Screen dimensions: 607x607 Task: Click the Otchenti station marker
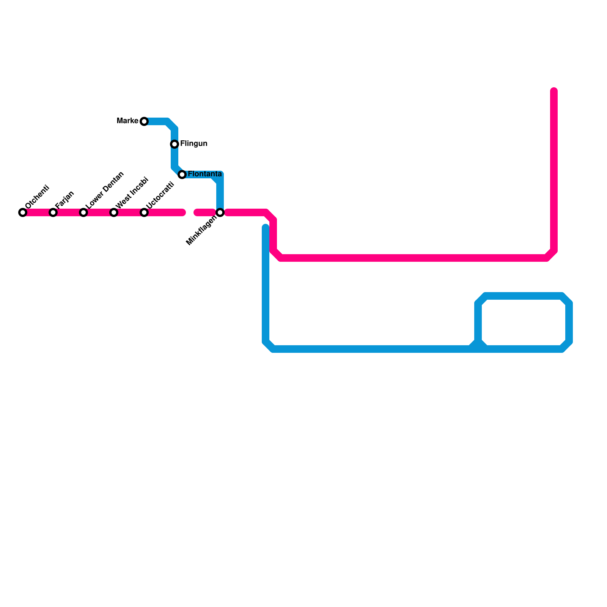(x=23, y=212)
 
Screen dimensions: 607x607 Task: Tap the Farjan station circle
(x=53, y=212)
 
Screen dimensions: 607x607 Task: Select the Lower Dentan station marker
(x=83, y=212)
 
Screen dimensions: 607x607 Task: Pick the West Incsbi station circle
(x=114, y=212)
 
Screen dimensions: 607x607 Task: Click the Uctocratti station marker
(x=144, y=212)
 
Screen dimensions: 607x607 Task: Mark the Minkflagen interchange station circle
(x=220, y=212)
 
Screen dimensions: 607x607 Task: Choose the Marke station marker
(x=144, y=121)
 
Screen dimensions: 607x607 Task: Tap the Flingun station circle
(x=175, y=144)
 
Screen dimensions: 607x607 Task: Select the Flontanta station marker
(x=182, y=175)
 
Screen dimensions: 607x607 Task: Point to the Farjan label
(x=64, y=200)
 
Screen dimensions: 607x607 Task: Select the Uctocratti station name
(x=160, y=195)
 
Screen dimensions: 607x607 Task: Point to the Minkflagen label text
(x=201, y=231)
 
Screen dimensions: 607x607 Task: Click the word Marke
(x=127, y=121)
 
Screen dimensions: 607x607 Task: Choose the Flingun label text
(x=193, y=143)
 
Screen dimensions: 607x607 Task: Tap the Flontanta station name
(x=204, y=174)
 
